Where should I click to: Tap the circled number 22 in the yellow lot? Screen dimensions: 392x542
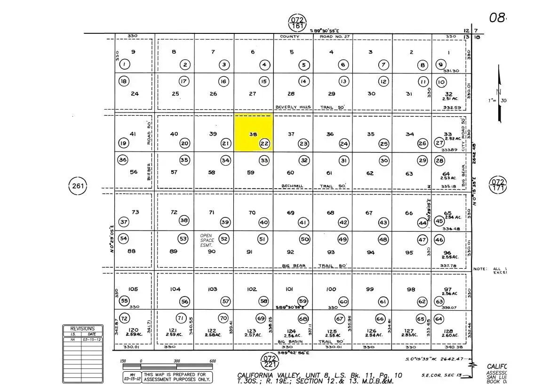tap(264, 144)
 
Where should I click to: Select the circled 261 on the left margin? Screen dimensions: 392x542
tap(78, 186)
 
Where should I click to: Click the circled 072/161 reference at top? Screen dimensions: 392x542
tap(297, 23)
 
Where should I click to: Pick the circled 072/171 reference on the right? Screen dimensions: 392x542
tap(498, 185)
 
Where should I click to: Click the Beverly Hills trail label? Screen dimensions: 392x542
tap(293, 107)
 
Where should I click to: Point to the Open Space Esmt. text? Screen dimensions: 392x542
tap(207, 240)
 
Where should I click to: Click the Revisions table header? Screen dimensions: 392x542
tap(82, 328)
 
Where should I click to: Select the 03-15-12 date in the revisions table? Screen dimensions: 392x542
tap(91, 339)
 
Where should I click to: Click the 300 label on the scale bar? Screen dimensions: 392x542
tap(177, 361)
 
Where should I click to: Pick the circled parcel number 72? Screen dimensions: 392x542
tap(124, 318)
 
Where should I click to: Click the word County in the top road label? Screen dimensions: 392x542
tap(289, 36)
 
